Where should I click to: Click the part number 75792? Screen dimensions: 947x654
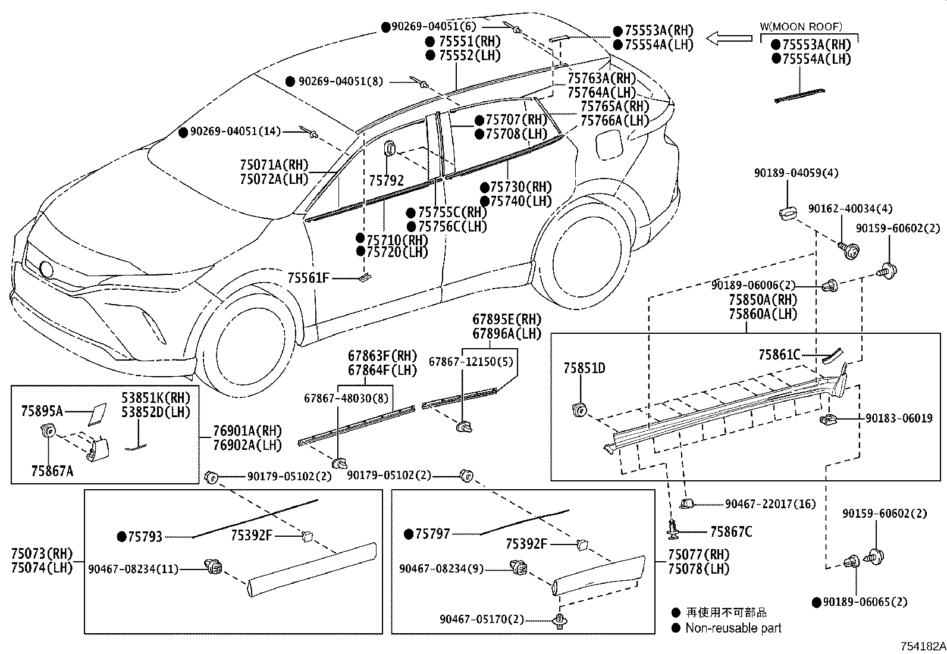point(387,181)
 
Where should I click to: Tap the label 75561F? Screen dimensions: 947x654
point(308,278)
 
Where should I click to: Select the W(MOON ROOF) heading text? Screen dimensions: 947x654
point(801,27)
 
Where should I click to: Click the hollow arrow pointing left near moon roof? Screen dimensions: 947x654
point(729,38)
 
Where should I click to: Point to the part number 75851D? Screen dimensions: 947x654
point(584,368)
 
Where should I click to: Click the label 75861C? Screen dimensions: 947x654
point(779,355)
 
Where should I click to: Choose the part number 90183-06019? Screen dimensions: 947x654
point(899,418)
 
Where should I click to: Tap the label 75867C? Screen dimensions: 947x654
point(731,532)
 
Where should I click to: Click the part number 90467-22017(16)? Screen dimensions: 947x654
point(770,504)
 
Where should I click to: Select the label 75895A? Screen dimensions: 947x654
point(42,411)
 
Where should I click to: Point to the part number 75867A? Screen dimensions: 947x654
point(52,471)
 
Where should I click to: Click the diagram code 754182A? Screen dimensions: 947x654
point(923,646)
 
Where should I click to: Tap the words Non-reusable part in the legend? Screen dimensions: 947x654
point(733,628)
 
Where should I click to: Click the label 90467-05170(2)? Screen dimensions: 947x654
point(482,619)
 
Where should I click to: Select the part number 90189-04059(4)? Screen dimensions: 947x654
point(796,173)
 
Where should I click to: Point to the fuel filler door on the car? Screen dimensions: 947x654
point(609,145)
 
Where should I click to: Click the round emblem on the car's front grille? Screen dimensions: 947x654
point(46,270)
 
